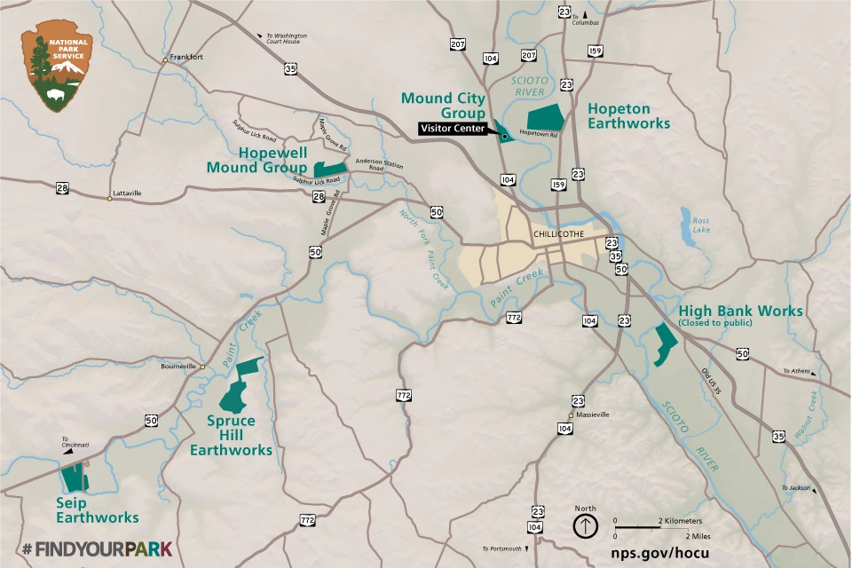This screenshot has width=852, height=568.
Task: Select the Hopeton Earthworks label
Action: click(x=628, y=116)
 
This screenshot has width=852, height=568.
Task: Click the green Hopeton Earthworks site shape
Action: click(x=546, y=119)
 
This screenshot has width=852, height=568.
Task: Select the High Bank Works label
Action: click(x=740, y=312)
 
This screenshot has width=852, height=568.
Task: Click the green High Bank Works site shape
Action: click(x=663, y=344)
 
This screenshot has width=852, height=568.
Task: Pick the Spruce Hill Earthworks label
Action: click(x=231, y=435)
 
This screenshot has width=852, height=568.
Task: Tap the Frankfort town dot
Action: click(x=165, y=60)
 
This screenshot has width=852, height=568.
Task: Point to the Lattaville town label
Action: click(x=127, y=193)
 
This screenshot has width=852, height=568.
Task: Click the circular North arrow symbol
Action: click(x=585, y=525)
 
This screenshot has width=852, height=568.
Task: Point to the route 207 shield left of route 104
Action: click(x=458, y=44)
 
